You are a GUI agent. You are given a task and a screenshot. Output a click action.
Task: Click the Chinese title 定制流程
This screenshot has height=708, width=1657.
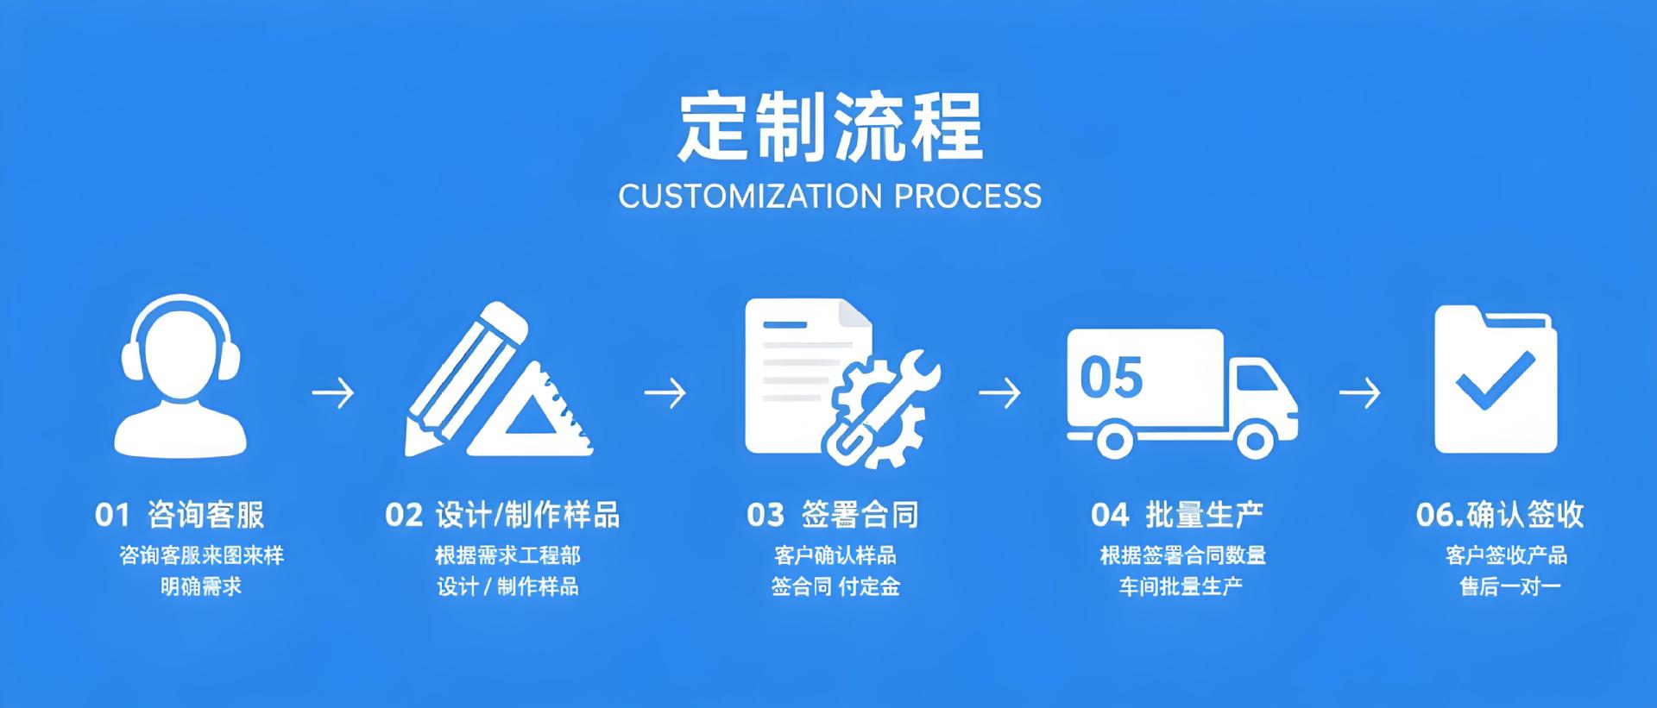[830, 128]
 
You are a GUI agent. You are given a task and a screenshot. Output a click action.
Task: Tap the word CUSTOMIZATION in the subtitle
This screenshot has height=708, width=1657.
[750, 197]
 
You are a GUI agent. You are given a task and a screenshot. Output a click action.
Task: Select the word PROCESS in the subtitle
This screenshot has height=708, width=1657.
[967, 197]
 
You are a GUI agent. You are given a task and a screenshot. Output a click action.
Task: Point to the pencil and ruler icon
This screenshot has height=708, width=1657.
[499, 380]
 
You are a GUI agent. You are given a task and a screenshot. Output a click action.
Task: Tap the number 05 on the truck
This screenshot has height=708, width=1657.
[1112, 378]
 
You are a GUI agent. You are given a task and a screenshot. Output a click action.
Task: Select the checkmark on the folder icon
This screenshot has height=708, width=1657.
[1495, 380]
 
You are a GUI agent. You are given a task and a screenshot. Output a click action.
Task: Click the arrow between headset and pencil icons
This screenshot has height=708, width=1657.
[333, 393]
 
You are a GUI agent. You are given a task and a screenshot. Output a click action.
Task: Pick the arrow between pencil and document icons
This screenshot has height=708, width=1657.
[665, 393]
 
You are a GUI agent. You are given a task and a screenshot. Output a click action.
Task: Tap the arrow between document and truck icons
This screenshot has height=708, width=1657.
[999, 393]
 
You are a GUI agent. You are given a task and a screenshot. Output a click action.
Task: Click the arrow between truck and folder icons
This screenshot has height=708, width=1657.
[1359, 393]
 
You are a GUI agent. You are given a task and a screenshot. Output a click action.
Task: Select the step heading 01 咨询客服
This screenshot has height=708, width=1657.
[180, 515]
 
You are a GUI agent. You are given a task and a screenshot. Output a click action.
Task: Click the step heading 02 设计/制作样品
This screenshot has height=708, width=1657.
[502, 515]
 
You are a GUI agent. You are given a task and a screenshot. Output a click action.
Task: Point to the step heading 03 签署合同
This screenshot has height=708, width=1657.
[833, 515]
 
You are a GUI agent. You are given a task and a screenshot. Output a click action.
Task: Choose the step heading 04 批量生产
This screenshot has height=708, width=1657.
[1177, 515]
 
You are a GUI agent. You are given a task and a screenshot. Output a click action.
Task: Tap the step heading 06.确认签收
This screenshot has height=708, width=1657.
[1500, 515]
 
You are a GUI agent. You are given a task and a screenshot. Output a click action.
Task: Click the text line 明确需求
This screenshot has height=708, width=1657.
[201, 587]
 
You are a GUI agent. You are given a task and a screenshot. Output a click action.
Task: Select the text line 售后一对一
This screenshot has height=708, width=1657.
[1510, 587]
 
